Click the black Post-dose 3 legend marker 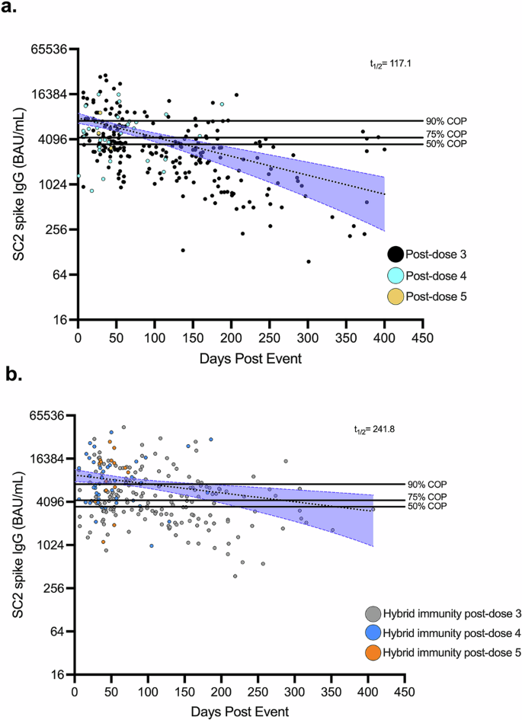pyautogui.click(x=396, y=254)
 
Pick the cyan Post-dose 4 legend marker pyautogui.click(x=396, y=275)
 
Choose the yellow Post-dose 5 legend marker pyautogui.click(x=396, y=296)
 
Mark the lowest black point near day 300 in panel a pyautogui.click(x=308, y=261)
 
